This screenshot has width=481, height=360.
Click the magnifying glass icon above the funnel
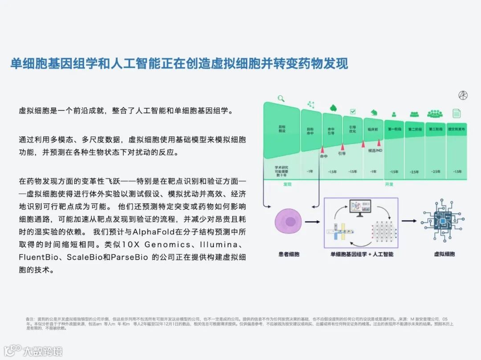coord(281,98)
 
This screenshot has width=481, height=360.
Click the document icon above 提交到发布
coord(456,114)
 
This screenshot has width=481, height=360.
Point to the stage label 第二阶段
coord(414,129)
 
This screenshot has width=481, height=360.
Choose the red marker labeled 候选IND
coord(379,143)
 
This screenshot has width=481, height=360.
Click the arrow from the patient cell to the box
coord(314,221)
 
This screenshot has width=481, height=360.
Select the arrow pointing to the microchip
coord(410,221)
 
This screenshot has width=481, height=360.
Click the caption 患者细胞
coord(289,254)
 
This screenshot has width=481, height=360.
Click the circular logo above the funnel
coord(463,95)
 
